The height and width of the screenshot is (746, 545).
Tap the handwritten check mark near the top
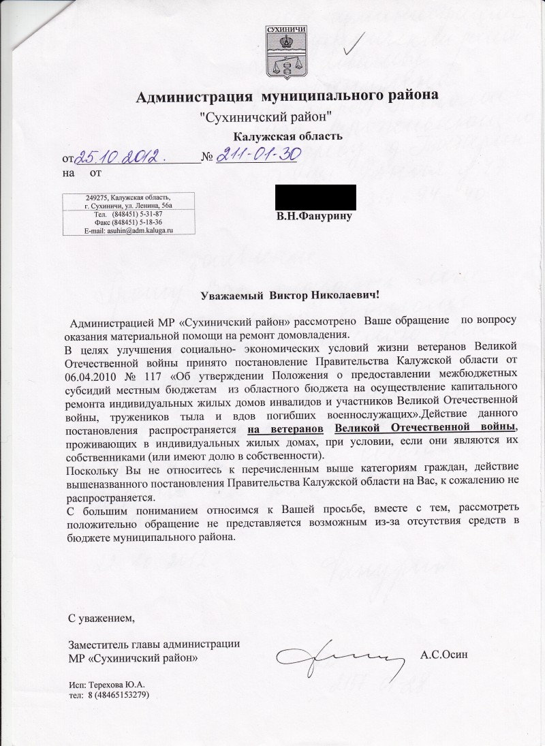(x=356, y=42)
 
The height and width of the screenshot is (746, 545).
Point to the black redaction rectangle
(x=315, y=198)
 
